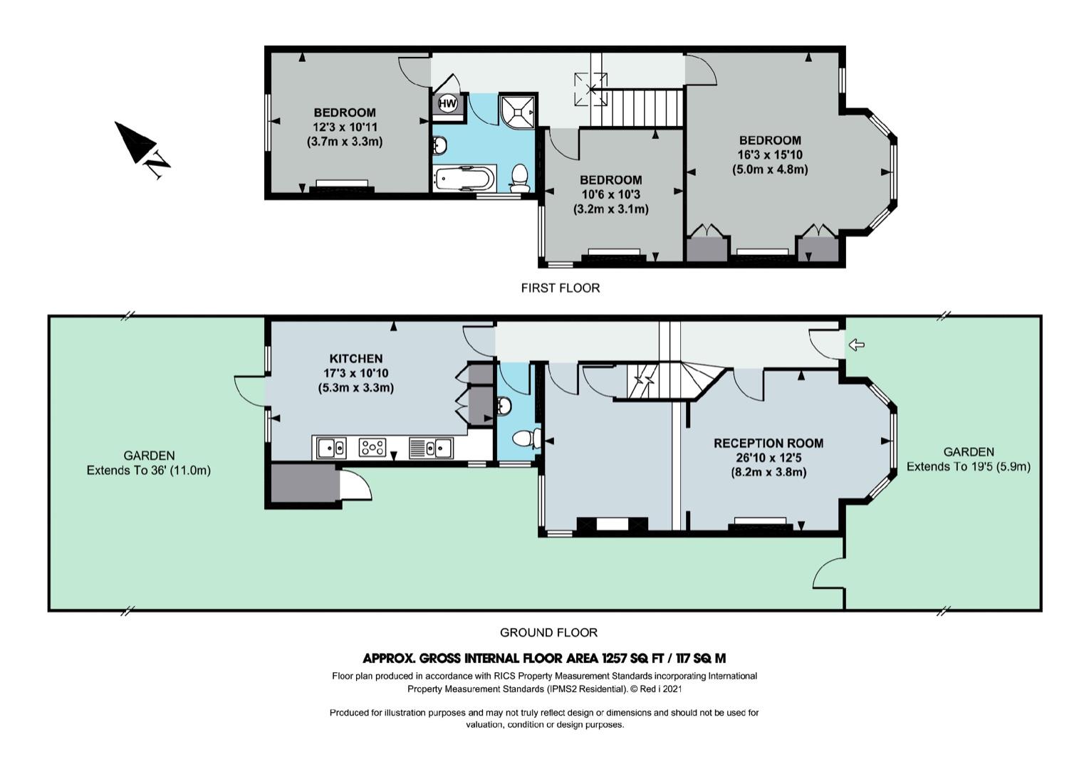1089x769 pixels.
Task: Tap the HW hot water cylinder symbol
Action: point(447,103)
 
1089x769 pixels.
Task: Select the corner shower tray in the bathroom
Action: point(517,112)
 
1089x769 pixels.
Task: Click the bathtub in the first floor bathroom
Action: point(465,179)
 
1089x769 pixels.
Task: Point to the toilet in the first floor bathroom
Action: point(520,178)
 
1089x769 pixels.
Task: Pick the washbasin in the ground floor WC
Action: point(504,405)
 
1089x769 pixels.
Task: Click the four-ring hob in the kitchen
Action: point(372,447)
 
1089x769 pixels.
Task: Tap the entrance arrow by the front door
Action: point(856,345)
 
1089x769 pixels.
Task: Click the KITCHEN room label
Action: point(356,359)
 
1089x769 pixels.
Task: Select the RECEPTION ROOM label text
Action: point(768,444)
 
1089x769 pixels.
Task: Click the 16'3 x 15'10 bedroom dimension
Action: point(770,155)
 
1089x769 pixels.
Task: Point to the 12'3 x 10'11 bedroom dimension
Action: point(345,127)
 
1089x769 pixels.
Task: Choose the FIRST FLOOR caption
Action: point(560,288)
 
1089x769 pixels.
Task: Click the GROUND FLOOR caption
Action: point(548,632)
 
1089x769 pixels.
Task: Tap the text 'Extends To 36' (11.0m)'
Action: point(148,471)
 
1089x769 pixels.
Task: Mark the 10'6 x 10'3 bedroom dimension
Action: point(610,195)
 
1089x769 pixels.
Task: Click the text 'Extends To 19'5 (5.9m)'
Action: point(968,466)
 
